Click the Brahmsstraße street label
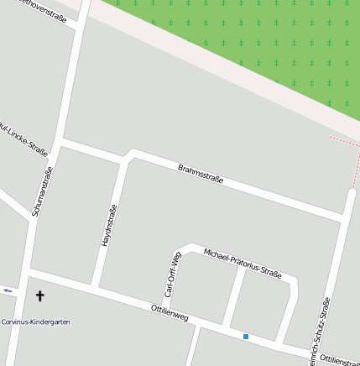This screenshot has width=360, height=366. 201,175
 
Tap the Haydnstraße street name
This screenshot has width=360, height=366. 107,225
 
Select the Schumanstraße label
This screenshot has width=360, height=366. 43,191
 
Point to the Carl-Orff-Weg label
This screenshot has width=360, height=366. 172,274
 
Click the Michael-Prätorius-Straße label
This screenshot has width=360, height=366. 242,263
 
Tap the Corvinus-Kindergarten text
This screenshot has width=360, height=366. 35,322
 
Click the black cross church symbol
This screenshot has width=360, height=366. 39,295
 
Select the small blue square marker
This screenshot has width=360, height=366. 246,337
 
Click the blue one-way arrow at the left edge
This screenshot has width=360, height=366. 8,290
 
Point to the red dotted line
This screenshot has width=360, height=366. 344,139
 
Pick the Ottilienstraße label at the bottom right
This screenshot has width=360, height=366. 339,359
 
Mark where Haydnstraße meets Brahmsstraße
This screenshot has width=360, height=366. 127,155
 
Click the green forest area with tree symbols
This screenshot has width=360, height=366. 252,42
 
